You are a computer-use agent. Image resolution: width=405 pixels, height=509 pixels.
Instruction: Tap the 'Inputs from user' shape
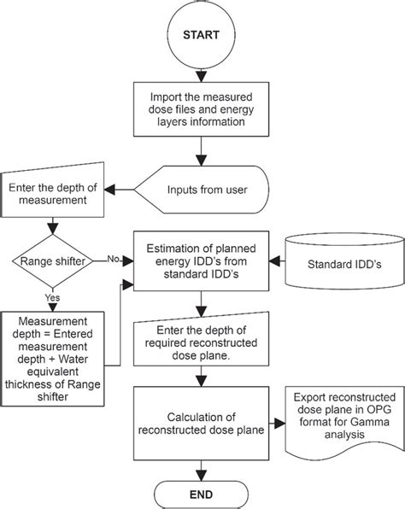(x=204, y=190)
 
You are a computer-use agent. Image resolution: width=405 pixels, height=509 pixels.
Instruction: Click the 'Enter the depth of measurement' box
(x=54, y=193)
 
